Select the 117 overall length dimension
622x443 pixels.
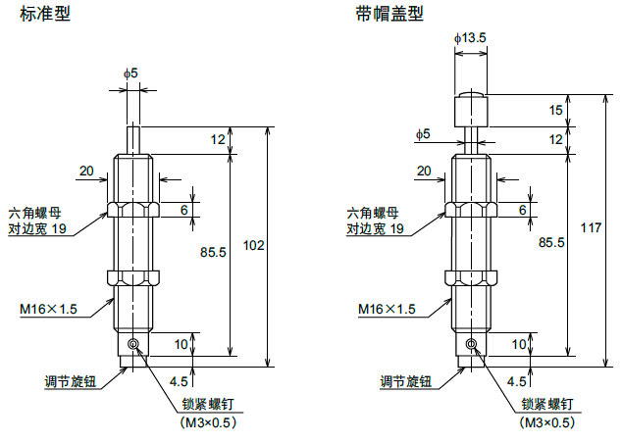coord(590,228)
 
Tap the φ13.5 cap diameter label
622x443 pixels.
coord(471,37)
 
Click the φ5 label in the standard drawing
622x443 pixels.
coord(130,74)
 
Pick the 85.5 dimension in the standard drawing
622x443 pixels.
coord(213,251)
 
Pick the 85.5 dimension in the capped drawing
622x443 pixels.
coord(550,241)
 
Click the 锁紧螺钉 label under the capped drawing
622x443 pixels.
coord(546,403)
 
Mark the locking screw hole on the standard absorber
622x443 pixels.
coord(133,344)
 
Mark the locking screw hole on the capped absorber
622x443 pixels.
coord(471,344)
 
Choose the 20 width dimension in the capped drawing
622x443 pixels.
coord(424,172)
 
